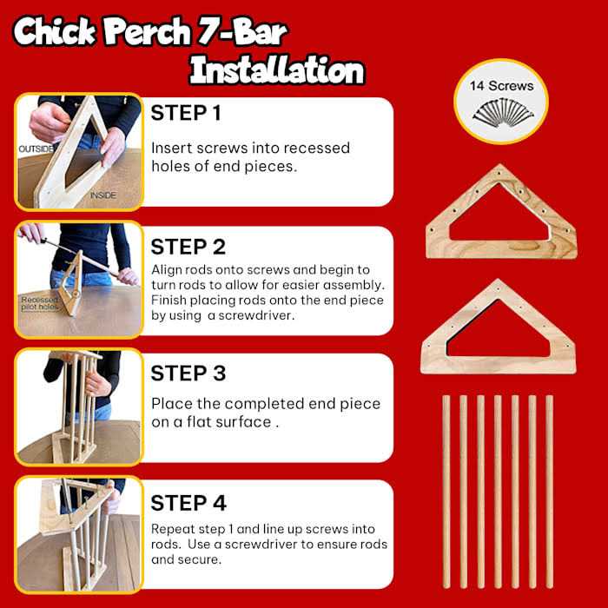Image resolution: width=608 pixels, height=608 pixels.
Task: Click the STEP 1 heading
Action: click(186, 113)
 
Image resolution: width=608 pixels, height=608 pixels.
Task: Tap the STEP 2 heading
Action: click(188, 247)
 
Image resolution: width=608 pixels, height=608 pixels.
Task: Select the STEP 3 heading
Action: click(188, 373)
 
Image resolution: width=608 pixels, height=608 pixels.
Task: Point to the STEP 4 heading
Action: click(188, 503)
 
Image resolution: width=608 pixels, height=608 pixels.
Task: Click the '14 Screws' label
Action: click(501, 86)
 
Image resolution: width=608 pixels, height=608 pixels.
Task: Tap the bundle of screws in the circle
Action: click(503, 112)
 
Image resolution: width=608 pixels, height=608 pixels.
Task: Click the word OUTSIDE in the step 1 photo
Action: click(36, 149)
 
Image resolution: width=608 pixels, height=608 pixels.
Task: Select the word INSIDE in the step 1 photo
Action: click(103, 195)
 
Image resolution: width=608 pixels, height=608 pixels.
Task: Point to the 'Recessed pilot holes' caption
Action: click(40, 303)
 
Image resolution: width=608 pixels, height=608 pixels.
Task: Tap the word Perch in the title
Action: click(148, 33)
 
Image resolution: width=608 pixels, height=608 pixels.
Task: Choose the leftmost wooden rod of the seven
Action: click(446, 492)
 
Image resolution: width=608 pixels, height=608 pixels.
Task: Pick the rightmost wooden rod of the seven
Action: click(550, 492)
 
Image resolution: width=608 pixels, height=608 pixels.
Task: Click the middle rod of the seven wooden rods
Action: click(498, 492)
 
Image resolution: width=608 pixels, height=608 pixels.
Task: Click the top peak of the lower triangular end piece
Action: click(498, 280)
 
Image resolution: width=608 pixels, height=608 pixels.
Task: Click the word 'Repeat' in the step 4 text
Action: click(173, 529)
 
